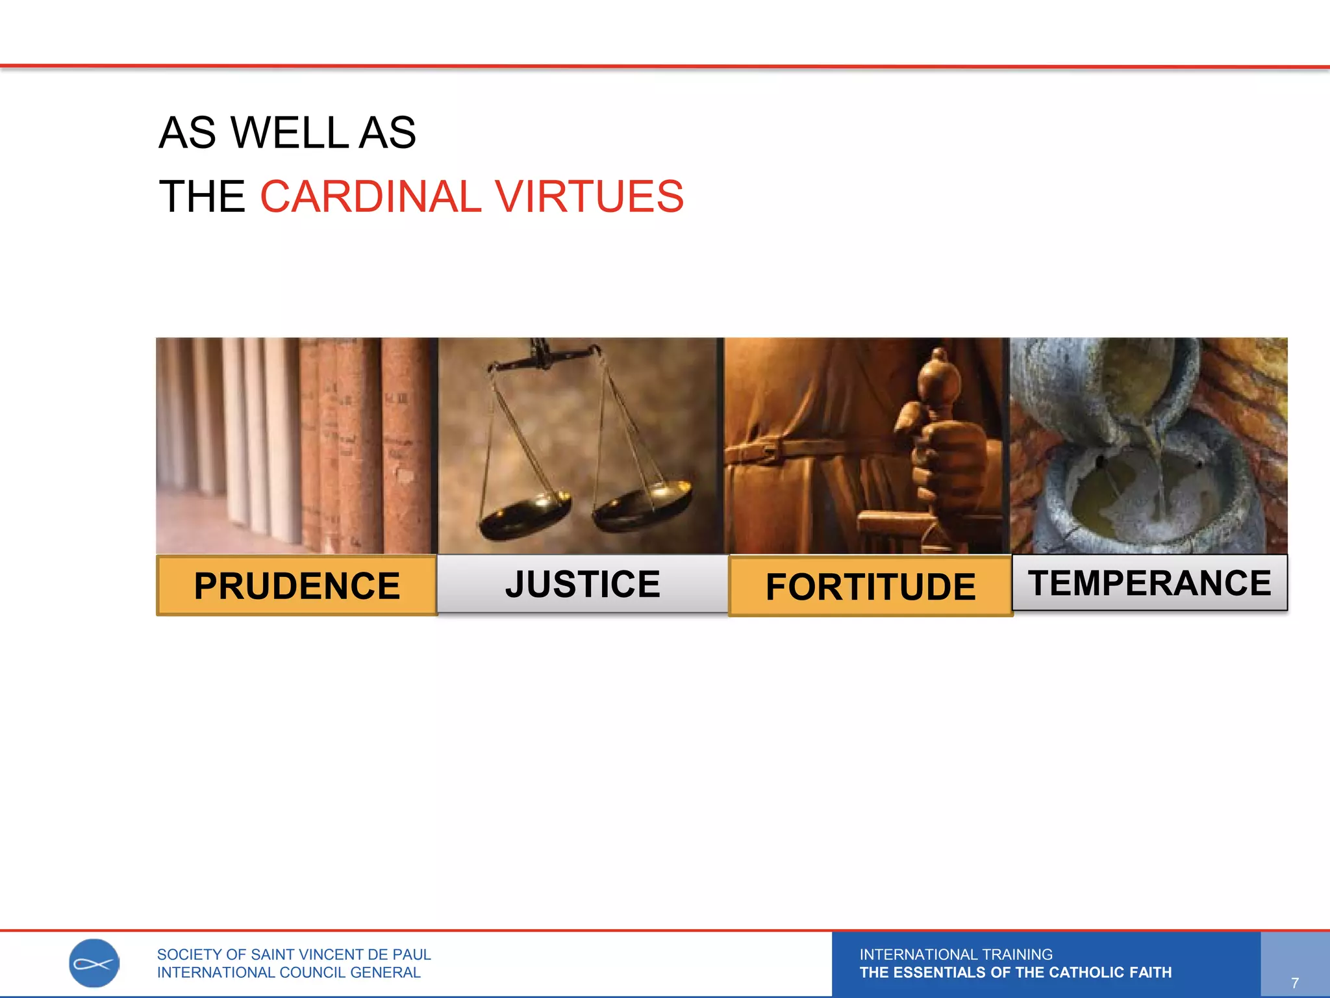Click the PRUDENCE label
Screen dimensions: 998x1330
coord(297,585)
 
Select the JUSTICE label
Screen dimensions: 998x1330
coord(583,583)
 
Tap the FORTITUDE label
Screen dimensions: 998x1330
coord(870,586)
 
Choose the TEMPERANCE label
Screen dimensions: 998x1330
coord(1149,582)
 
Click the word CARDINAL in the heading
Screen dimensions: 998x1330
coord(371,196)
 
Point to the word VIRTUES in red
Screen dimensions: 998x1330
coord(589,196)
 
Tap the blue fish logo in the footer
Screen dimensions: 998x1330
coord(94,963)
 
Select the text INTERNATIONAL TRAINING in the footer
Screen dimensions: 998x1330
coord(956,954)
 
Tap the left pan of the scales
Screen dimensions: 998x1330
coord(525,513)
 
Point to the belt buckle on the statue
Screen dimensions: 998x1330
coord(769,450)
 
